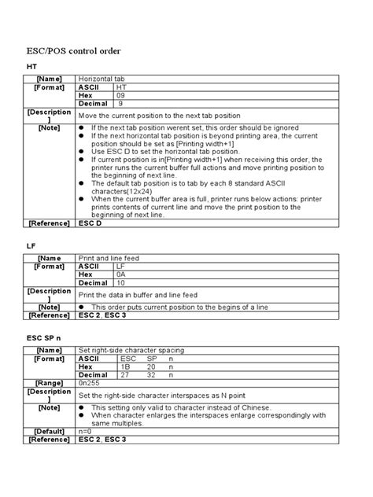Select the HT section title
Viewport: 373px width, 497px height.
coord(32,68)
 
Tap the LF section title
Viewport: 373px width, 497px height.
coord(31,246)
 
